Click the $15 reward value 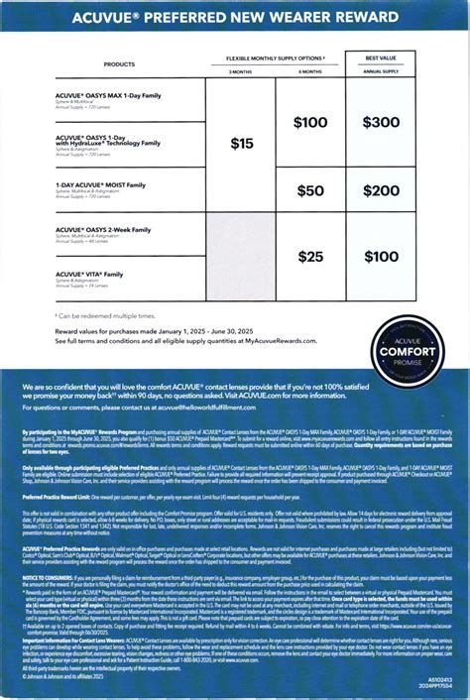click(242, 144)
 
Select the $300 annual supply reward click(381, 122)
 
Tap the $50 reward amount click(310, 190)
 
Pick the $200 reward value click(381, 190)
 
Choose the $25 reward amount click(310, 256)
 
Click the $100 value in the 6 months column click(310, 122)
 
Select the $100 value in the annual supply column click(381, 256)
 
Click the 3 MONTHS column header click(241, 71)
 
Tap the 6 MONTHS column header click(309, 71)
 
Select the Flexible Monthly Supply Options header click(275, 58)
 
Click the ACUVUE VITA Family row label click(90, 274)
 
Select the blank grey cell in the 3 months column click(242, 256)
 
